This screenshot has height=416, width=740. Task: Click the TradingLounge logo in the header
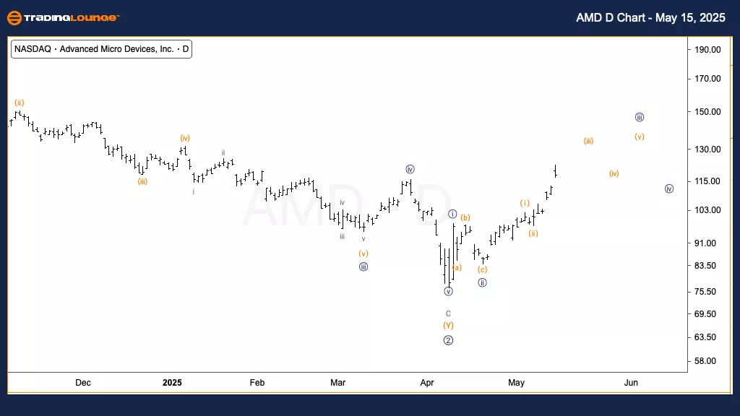pos(63,17)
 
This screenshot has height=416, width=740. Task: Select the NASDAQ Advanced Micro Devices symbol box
pos(102,50)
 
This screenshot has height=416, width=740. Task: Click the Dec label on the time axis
pos(83,382)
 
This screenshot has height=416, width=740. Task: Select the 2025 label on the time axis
pos(172,382)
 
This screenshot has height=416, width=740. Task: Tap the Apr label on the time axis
pos(426,382)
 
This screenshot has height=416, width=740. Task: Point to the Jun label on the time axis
pos(631,382)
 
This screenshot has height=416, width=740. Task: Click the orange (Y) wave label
pos(448,326)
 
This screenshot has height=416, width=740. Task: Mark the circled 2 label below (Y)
pos(448,340)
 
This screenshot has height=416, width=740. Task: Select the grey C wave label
pos(448,313)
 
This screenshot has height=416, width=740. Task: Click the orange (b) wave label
pos(465,217)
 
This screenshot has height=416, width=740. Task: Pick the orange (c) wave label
pos(482,269)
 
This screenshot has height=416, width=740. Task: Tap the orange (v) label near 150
pos(640,136)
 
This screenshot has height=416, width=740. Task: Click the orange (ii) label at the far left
pos(20,103)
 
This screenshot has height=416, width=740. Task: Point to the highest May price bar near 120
pos(555,170)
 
